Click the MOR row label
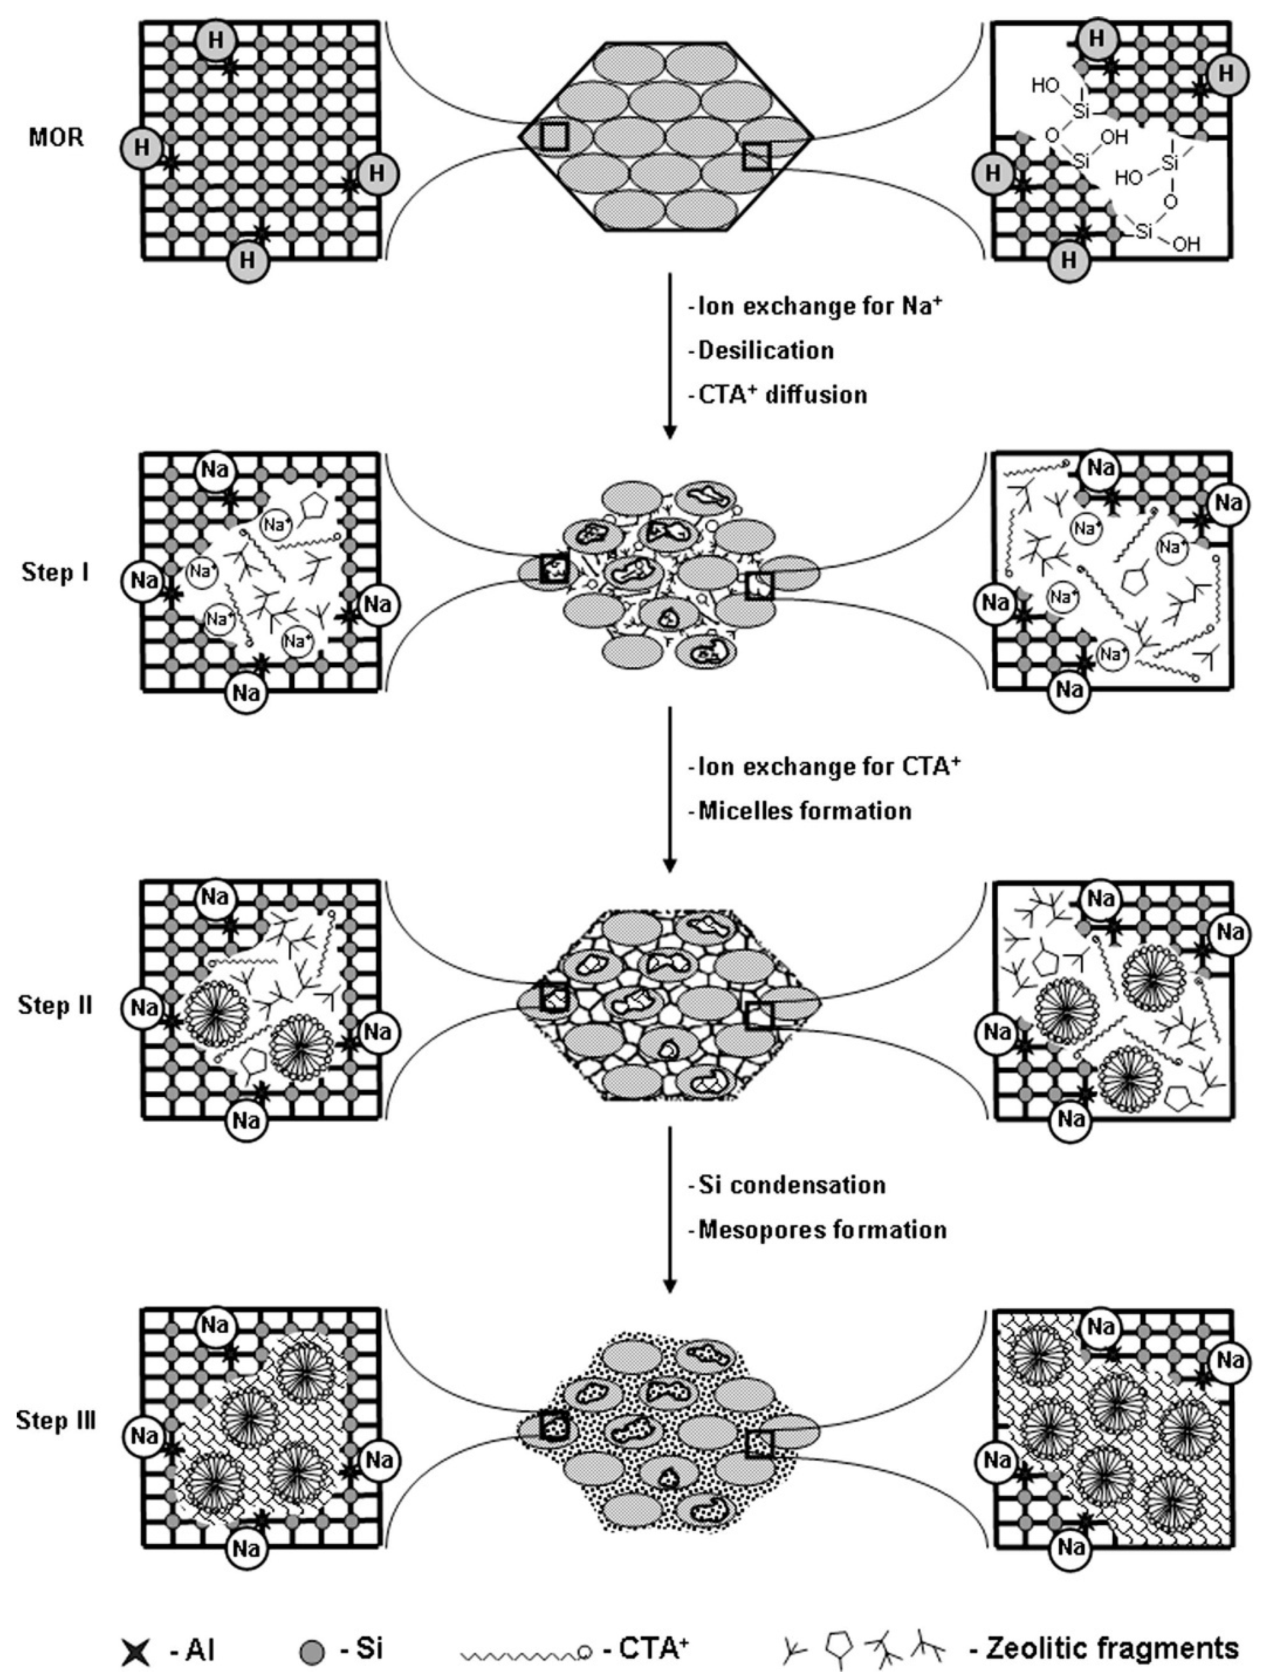pyautogui.click(x=57, y=139)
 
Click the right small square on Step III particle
pyautogui.click(x=759, y=1445)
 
